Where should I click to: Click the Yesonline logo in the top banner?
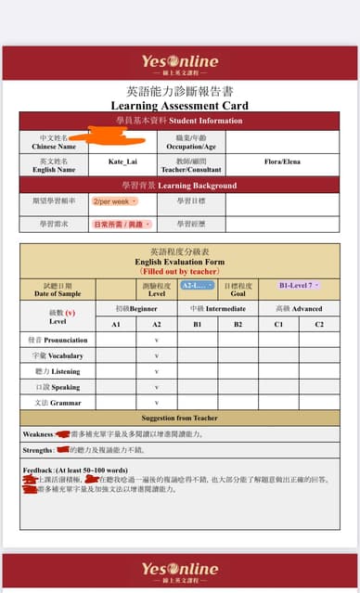coord(180,62)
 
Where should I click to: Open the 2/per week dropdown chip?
coord(113,200)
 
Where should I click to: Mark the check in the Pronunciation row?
coord(157,341)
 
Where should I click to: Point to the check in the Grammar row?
coord(157,403)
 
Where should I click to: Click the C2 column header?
coord(318,324)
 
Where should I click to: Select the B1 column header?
coord(197,324)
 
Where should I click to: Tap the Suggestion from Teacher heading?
coord(180,419)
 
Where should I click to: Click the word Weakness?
coord(38,433)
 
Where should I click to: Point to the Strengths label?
coord(39,449)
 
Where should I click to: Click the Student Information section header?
coord(180,121)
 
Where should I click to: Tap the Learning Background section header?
coord(180,186)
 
